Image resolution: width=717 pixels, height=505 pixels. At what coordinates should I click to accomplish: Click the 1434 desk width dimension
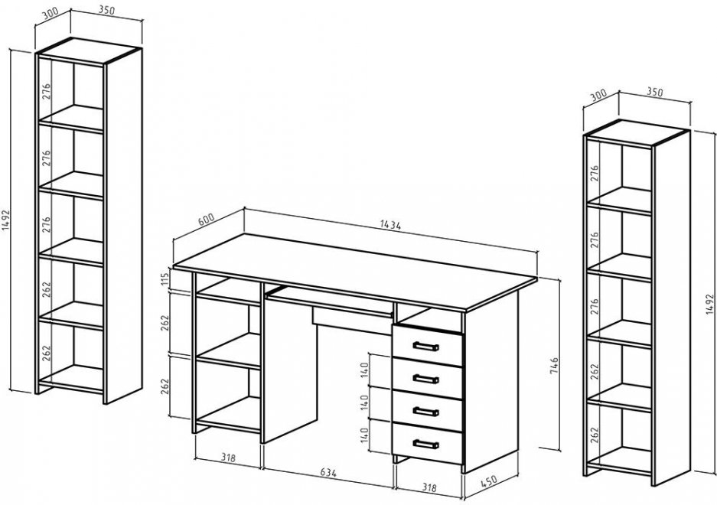[x=390, y=226]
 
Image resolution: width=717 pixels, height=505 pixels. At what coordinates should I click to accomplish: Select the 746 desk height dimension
[x=553, y=367]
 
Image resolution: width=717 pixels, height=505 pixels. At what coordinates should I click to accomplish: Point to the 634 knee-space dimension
[x=328, y=473]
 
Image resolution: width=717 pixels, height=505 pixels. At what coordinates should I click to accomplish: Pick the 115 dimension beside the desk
[x=165, y=279]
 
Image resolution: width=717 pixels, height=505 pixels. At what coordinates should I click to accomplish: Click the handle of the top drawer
[x=425, y=347]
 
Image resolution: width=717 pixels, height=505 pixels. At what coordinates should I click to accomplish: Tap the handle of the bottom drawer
[x=425, y=444]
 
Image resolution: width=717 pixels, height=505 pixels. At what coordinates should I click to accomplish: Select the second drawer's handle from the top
[x=425, y=379]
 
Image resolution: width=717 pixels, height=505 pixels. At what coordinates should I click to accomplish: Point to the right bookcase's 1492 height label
[x=709, y=303]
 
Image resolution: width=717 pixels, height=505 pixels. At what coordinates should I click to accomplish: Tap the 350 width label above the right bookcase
[x=655, y=92]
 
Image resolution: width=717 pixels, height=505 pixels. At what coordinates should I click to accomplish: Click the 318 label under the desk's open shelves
[x=228, y=457]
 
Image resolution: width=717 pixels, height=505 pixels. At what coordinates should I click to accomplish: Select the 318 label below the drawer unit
[x=429, y=487]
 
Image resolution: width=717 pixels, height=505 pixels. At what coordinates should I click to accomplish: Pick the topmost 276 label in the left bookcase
[x=47, y=92]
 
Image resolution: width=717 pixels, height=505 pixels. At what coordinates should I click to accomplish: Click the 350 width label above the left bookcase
[x=106, y=11]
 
